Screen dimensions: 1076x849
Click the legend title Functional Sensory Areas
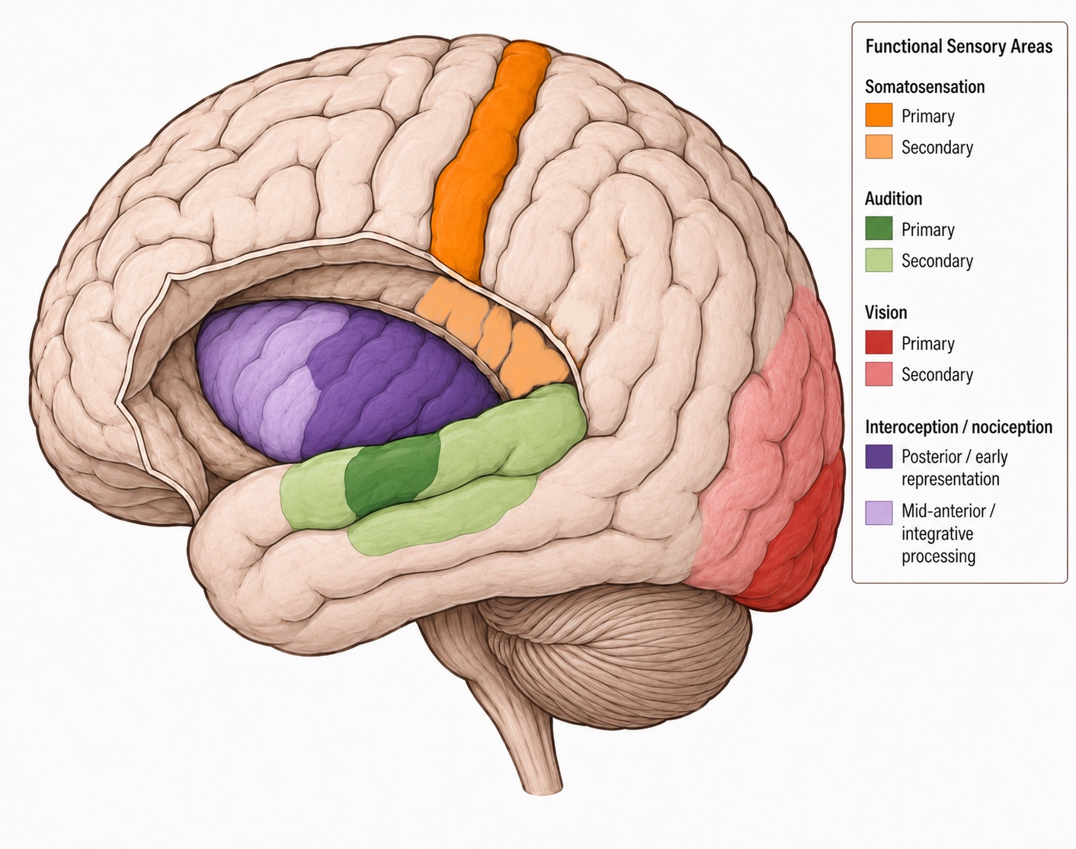point(959,46)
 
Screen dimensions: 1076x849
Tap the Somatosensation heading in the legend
point(924,87)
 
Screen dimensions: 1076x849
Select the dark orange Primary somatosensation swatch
point(879,115)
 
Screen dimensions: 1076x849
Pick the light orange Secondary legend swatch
point(879,146)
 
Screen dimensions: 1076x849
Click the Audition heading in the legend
point(894,199)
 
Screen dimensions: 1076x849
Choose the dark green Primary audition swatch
point(879,229)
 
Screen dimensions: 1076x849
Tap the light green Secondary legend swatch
point(879,260)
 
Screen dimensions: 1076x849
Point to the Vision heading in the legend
point(885,312)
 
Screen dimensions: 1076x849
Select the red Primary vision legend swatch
point(879,342)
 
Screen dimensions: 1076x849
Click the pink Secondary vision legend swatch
point(879,374)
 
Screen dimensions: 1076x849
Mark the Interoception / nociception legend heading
point(959,427)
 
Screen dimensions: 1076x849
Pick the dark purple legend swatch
point(879,457)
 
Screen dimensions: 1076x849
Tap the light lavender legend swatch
point(879,513)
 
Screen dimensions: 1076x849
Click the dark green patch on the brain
point(392,475)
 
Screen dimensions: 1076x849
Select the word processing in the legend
point(939,556)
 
